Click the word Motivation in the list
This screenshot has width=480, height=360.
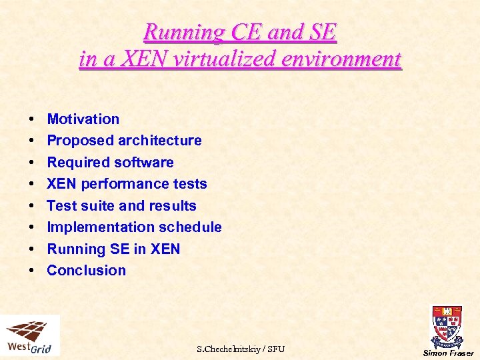[83, 119]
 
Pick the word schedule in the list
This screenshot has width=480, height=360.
[191, 227]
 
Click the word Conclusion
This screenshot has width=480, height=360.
[86, 271]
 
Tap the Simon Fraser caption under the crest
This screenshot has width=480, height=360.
[448, 353]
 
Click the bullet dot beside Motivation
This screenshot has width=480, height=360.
[32, 120]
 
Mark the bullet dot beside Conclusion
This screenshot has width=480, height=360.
[32, 271]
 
